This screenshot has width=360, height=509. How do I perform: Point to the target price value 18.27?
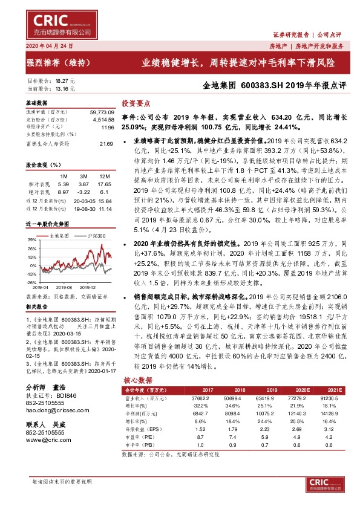click(62, 80)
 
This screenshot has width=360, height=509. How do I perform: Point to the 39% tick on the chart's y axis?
click(31, 240)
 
